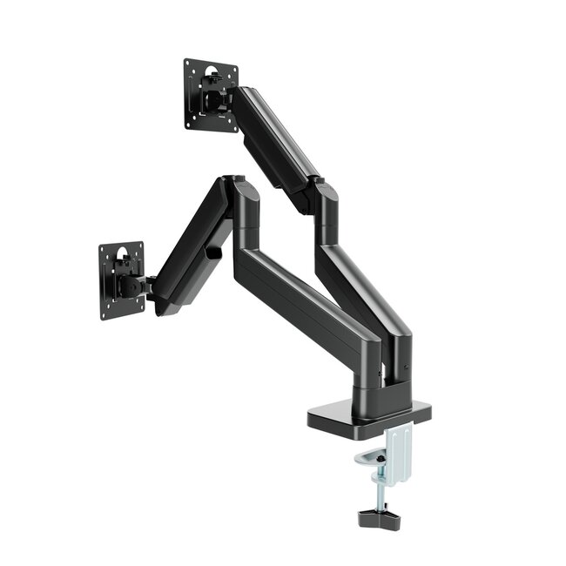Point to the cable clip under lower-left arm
[x=214, y=253]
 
